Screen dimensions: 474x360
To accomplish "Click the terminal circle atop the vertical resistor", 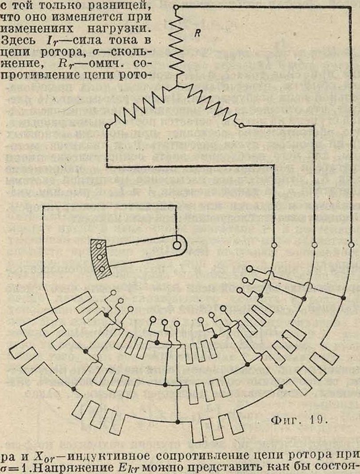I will click(x=176, y=8).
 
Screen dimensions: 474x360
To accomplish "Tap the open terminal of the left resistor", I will click(x=107, y=126).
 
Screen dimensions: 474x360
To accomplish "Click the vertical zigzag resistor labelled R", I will click(x=176, y=44).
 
